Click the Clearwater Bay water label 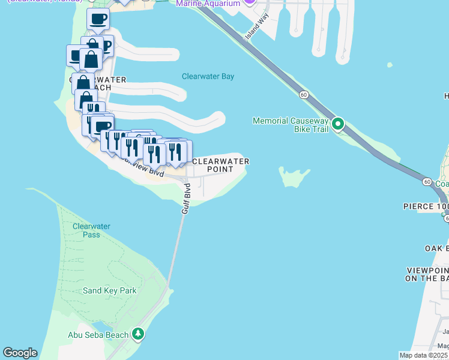[208, 77]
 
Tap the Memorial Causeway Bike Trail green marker [338, 124]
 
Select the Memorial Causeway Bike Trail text [291, 125]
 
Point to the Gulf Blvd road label [187, 203]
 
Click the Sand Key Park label [109, 291]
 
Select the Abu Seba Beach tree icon [139, 333]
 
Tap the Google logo [20, 353]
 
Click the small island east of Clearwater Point [294, 177]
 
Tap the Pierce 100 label [426, 206]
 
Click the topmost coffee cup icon [98, 19]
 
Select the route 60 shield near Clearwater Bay [304, 95]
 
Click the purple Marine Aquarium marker [251, 2]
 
